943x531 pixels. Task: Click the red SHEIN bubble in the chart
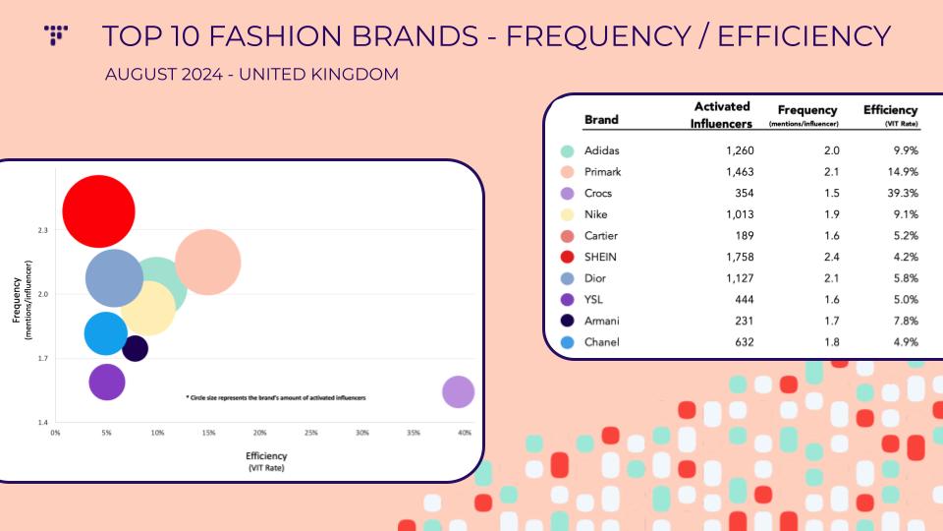(x=98, y=211)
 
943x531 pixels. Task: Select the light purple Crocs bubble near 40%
(x=458, y=391)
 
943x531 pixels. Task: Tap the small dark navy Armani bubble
(x=135, y=348)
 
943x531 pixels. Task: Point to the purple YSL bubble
(x=106, y=382)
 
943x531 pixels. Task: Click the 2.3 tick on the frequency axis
(x=42, y=230)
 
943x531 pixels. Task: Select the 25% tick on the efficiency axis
(x=311, y=433)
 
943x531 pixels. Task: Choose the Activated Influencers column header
(x=722, y=115)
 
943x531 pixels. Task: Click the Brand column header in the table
(x=601, y=120)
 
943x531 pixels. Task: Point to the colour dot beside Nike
(x=567, y=215)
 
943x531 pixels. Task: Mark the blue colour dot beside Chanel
(x=567, y=342)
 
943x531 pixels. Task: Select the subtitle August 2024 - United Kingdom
(x=251, y=75)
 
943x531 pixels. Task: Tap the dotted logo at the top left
(x=56, y=35)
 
